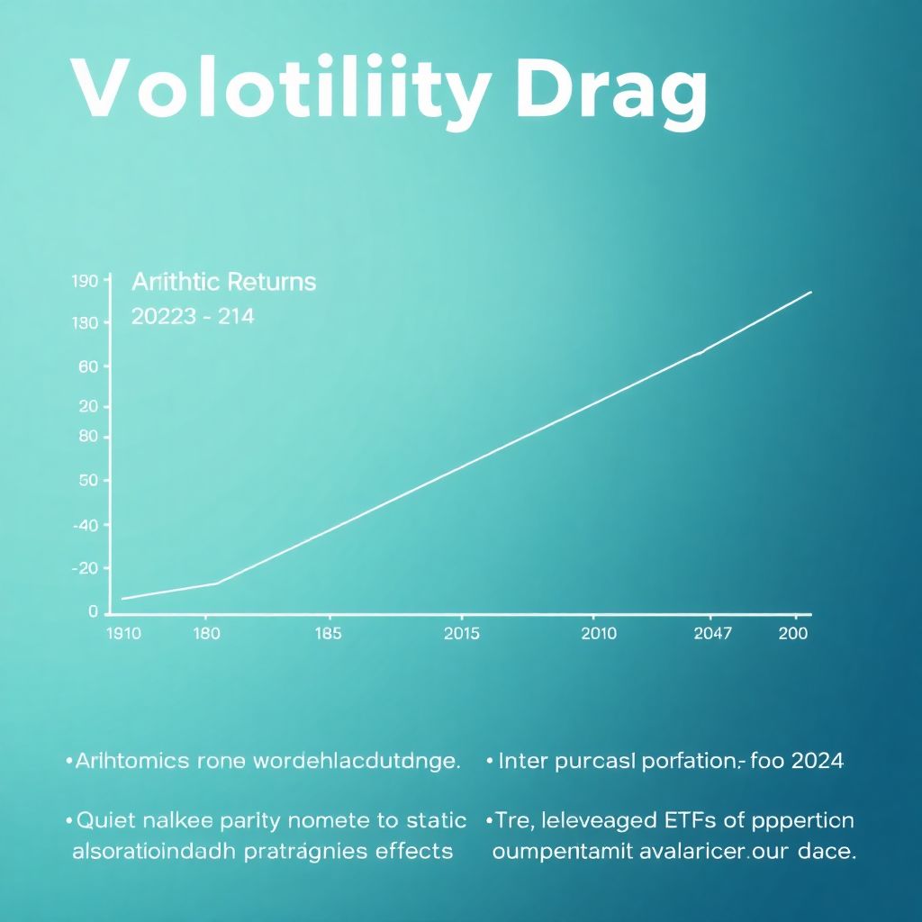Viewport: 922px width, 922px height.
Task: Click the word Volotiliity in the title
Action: pos(280,90)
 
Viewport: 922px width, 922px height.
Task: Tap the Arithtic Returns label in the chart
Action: pos(224,282)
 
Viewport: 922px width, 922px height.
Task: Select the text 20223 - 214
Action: pos(193,316)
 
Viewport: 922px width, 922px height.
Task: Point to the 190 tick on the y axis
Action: pos(84,282)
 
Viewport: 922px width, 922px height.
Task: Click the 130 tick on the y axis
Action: pos(84,323)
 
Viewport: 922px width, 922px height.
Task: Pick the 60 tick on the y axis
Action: pos(87,366)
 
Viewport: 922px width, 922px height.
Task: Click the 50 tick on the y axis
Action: pos(87,480)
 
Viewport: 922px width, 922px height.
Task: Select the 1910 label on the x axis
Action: pos(123,634)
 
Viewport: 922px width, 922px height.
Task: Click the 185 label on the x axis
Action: pos(328,634)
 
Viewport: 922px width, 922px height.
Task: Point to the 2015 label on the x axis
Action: pos(462,634)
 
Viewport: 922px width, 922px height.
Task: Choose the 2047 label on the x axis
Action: pos(713,634)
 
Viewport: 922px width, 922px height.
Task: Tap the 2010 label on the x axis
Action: pos(599,634)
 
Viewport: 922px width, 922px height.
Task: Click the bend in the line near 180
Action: pos(217,583)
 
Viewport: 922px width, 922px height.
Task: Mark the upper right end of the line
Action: pos(811,292)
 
